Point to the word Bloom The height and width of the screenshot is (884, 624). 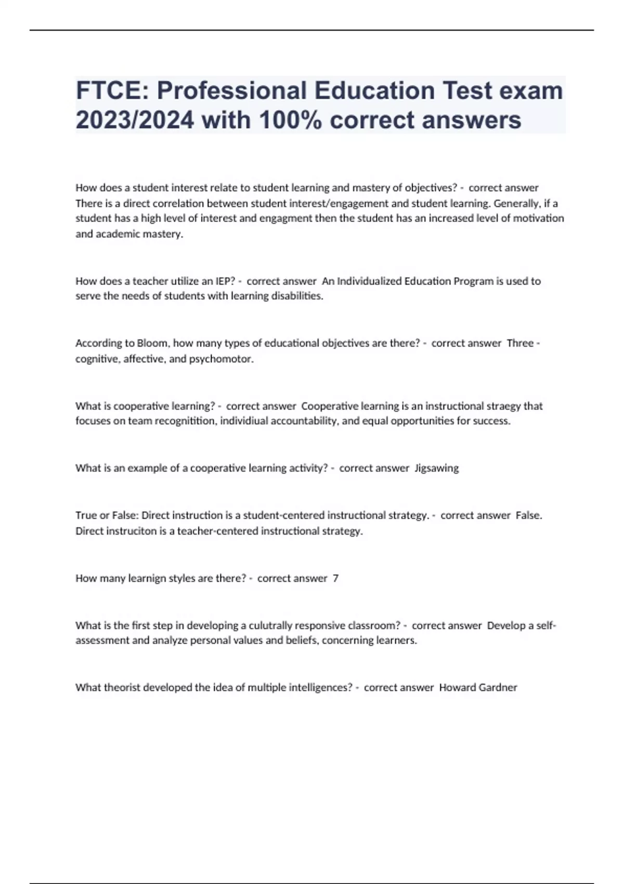pos(152,343)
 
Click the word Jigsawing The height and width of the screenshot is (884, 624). pos(436,468)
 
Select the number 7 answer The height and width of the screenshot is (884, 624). pos(335,578)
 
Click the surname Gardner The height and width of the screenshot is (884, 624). pos(498,687)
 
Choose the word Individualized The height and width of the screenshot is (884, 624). pos(369,281)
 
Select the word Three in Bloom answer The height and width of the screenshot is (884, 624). pos(520,343)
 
